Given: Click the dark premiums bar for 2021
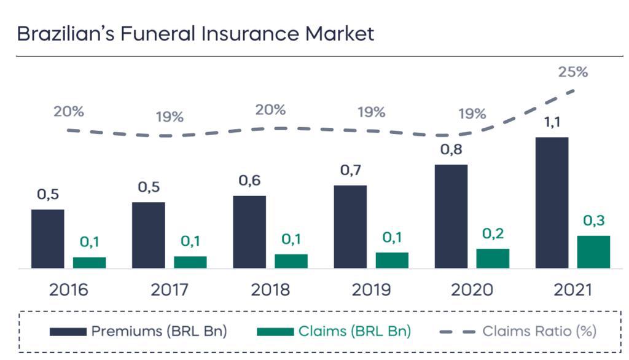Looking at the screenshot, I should click(x=552, y=203).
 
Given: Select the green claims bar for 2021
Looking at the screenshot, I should click(x=593, y=252).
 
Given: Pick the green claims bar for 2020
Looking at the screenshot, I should click(x=493, y=258).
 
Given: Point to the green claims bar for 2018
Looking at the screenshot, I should click(x=291, y=261).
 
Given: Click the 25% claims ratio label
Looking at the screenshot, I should click(x=572, y=72).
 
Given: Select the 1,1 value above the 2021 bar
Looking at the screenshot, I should click(x=552, y=122).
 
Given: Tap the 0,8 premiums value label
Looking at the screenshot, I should click(x=451, y=149).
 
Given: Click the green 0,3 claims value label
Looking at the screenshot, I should click(x=593, y=221).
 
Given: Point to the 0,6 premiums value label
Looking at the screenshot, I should click(x=249, y=181).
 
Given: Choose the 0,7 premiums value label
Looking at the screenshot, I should click(x=350, y=170).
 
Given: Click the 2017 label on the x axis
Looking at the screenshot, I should click(x=169, y=289).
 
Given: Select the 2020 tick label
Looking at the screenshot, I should click(x=472, y=289).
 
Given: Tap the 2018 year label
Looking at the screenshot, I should click(x=270, y=289).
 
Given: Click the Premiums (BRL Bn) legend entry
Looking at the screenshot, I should click(x=139, y=331).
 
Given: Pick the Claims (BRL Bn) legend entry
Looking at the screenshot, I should click(x=334, y=331).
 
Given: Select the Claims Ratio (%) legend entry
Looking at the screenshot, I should click(x=518, y=331).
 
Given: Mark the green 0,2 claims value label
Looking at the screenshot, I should click(x=493, y=233).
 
